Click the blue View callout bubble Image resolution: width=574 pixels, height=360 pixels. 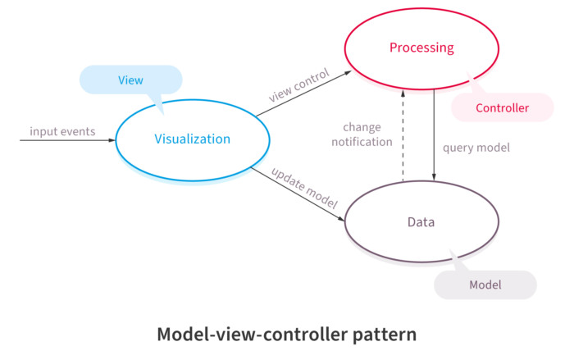(130, 80)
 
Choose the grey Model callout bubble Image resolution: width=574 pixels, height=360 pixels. (485, 285)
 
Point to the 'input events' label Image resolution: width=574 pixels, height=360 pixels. (62, 131)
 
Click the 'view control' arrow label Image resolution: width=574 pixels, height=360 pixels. (298, 85)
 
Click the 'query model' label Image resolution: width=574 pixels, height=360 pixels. (476, 148)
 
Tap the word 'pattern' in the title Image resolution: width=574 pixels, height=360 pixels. (380, 335)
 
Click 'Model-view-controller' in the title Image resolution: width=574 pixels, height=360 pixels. (247, 335)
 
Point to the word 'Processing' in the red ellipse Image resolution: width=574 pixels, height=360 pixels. (421, 48)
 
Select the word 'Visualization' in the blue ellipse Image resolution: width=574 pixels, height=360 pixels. (192, 139)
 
